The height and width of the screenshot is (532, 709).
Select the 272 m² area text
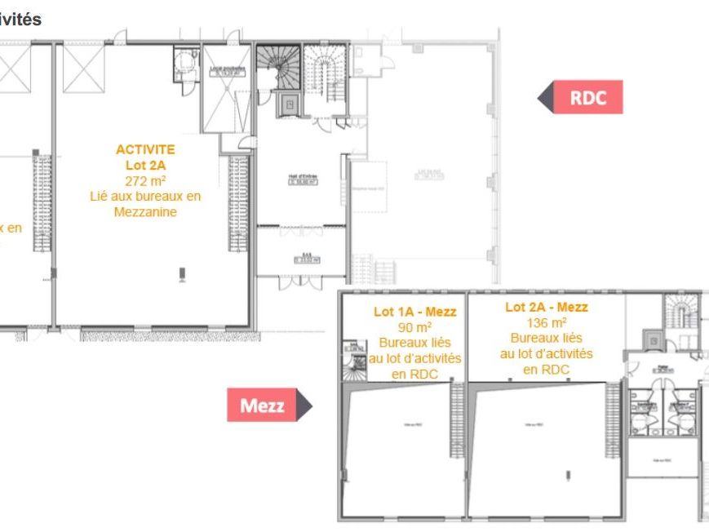click(145, 180)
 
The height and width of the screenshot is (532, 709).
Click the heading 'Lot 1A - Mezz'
click(414, 312)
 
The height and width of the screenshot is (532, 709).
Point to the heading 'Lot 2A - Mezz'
click(547, 308)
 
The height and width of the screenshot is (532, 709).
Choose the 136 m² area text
click(547, 322)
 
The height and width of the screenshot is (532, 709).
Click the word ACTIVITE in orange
click(145, 149)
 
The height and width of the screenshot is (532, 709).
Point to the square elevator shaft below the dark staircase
click(288, 104)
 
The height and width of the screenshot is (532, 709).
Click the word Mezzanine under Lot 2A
click(145, 212)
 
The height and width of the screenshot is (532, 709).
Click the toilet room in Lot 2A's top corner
click(186, 60)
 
